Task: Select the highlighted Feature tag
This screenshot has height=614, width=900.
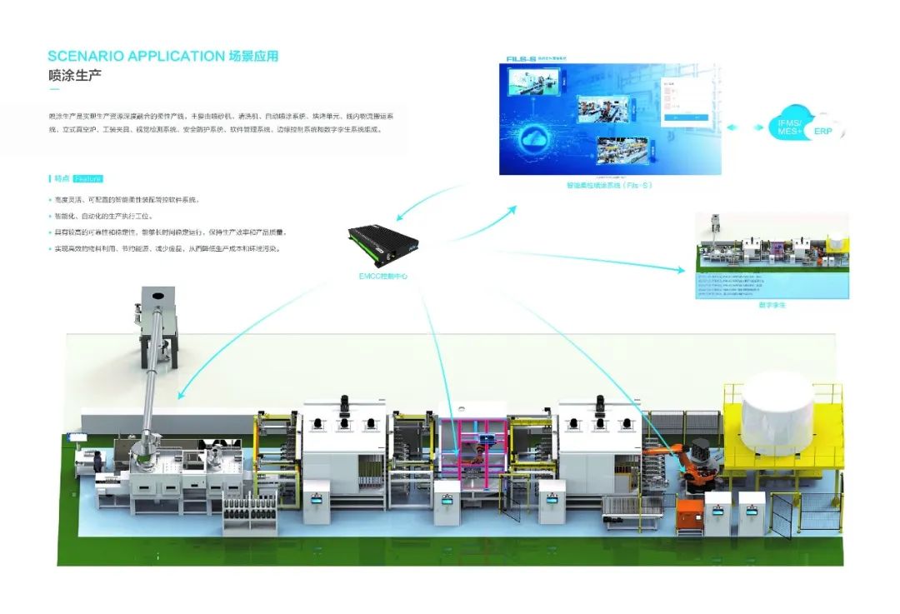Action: click(x=87, y=178)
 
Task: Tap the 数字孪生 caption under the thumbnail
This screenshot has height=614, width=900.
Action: click(x=772, y=306)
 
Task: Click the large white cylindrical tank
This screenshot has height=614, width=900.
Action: click(x=777, y=411)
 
